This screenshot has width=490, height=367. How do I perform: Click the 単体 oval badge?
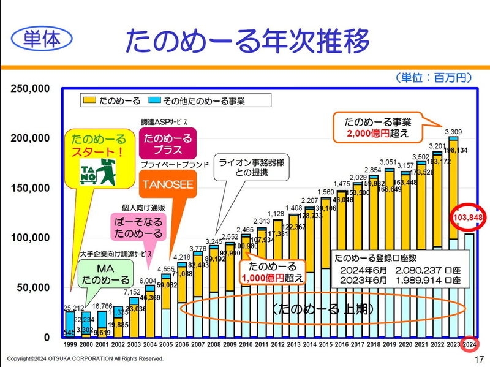(x=42, y=39)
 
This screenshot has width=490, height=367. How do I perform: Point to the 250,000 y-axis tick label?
(x=30, y=89)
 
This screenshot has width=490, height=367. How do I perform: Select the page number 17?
(x=478, y=358)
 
